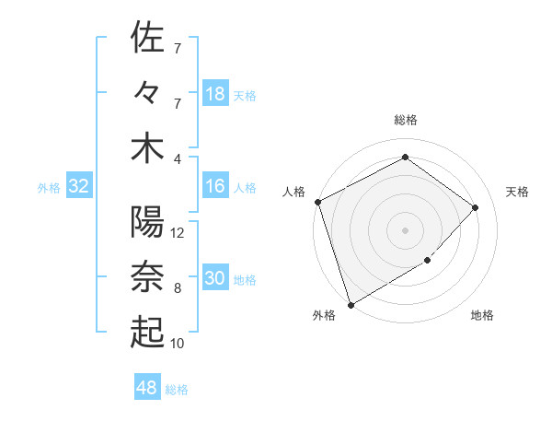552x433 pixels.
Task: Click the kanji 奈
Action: click(x=147, y=277)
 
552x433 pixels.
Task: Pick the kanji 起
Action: click(x=147, y=333)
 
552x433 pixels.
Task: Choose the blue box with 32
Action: click(x=79, y=187)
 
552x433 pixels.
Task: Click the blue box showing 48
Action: click(x=148, y=388)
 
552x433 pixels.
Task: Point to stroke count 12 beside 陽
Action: click(x=178, y=233)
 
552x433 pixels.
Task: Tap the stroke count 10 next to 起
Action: click(x=178, y=344)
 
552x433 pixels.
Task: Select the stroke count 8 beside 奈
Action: click(x=178, y=288)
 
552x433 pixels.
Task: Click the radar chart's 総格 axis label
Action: click(x=406, y=121)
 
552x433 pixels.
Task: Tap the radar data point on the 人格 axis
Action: click(x=318, y=202)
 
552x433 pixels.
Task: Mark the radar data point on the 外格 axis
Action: click(x=351, y=304)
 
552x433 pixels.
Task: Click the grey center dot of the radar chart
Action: click(x=406, y=229)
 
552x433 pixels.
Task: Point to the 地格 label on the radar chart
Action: click(x=482, y=316)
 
